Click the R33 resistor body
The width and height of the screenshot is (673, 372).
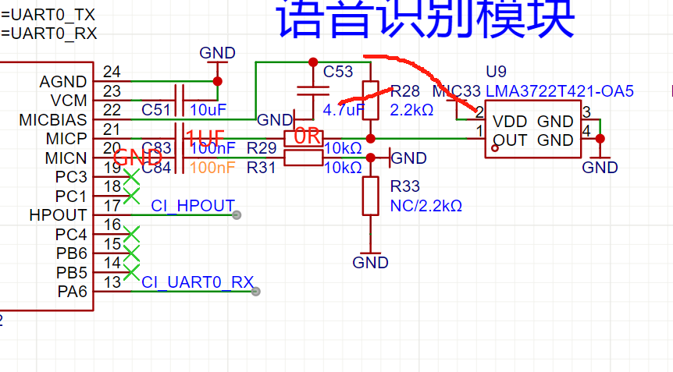pos(371,197)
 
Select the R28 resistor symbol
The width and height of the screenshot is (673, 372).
pos(371,100)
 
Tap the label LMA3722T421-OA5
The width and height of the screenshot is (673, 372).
pos(559,91)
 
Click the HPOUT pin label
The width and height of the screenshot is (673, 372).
pos(59,214)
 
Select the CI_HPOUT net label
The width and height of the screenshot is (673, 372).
pos(193,206)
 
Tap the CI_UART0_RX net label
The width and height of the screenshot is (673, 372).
pos(198,282)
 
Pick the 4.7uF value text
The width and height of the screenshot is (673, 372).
pos(343,109)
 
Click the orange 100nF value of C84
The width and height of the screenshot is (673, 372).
pos(212,167)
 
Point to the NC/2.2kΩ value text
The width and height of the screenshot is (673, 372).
pos(426,206)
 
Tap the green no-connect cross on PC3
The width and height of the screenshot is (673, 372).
pos(131,176)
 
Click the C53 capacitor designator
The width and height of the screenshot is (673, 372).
pos(338,72)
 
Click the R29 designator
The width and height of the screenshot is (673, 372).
pos(262,147)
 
